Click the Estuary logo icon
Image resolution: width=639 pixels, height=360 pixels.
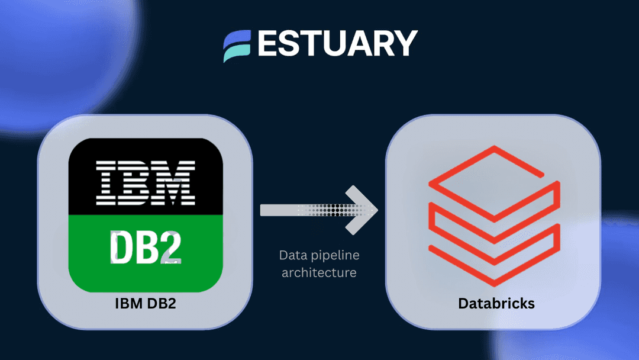pos(237,46)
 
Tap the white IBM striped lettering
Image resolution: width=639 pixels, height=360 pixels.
pos(146,182)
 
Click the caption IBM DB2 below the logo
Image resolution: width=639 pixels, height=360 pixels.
pos(146,303)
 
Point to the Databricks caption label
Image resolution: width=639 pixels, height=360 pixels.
pos(496,303)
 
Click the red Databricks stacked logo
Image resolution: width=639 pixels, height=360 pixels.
pos(494,216)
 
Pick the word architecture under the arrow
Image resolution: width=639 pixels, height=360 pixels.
pos(319,272)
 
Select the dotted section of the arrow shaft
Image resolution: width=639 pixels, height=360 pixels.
pos(335,210)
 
